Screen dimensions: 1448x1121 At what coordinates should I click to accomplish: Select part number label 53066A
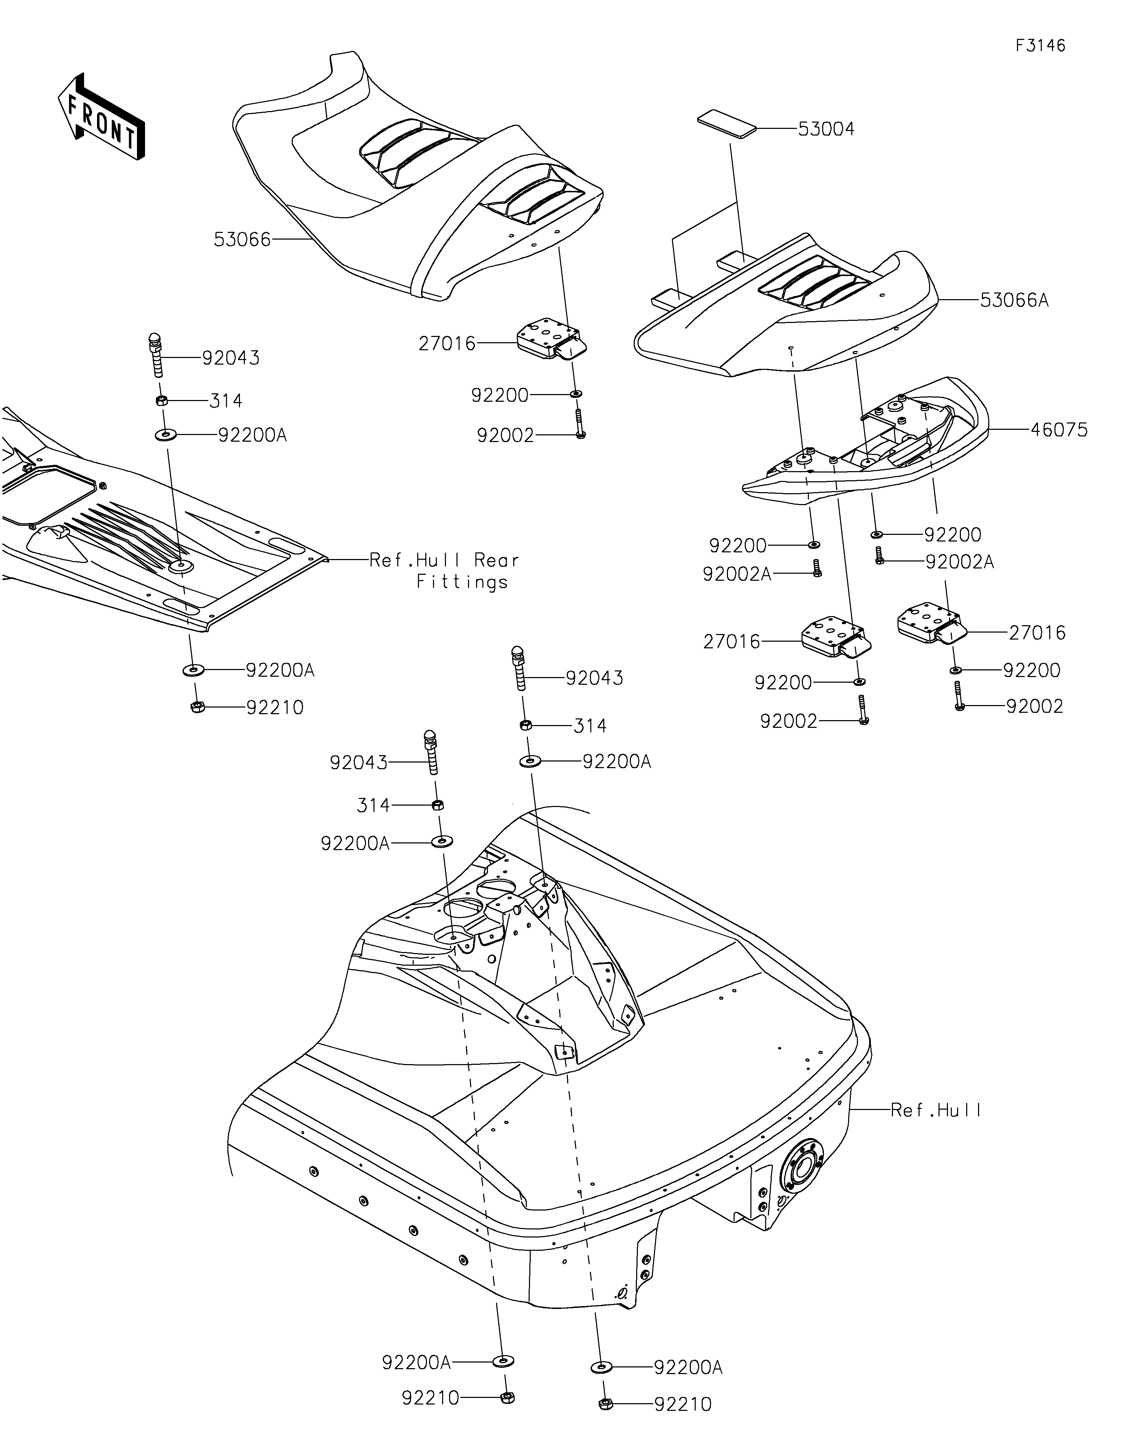click(1014, 300)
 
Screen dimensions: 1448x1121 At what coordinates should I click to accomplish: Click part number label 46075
click(1059, 430)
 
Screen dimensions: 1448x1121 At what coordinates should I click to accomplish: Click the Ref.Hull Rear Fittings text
click(444, 571)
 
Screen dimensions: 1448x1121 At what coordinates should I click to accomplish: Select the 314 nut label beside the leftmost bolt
click(225, 400)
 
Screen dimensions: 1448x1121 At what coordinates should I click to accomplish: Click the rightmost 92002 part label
click(1034, 706)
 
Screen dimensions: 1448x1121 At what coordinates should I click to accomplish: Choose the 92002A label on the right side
click(959, 561)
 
